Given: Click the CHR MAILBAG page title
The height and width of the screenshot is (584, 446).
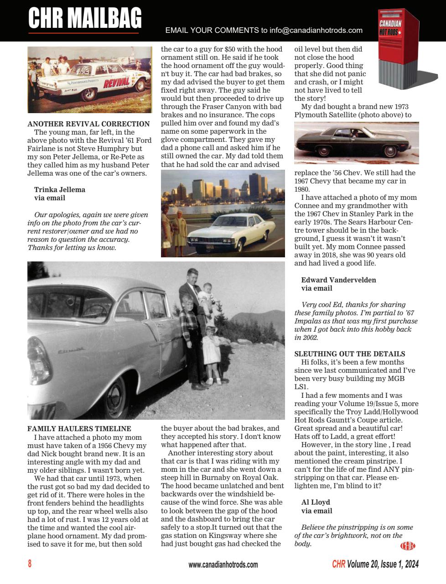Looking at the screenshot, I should click(85, 18).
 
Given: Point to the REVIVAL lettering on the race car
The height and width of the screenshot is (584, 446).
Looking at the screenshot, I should click(116, 83).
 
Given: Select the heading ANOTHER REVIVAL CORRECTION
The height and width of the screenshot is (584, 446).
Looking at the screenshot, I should click(88, 124).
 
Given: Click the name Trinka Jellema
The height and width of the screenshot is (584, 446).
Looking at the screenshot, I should click(60, 189).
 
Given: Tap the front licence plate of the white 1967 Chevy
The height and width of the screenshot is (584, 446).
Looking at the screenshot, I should click(210, 247).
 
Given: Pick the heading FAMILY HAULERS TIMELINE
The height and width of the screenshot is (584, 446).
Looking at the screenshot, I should click(79, 428).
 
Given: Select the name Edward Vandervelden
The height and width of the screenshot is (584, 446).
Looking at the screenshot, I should click(338, 280).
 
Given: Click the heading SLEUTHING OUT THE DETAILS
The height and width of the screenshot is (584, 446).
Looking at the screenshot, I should click(349, 354).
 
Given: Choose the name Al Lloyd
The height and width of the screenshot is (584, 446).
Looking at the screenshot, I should click(316, 502).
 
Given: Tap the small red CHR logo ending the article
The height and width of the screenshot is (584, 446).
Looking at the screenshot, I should click(407, 545).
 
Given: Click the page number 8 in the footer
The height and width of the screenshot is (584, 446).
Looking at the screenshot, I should click(30, 564).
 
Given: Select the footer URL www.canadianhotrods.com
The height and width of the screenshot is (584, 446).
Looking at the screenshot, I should click(223, 564).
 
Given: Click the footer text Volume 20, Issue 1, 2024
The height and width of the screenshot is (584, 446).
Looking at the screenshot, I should click(382, 564).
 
